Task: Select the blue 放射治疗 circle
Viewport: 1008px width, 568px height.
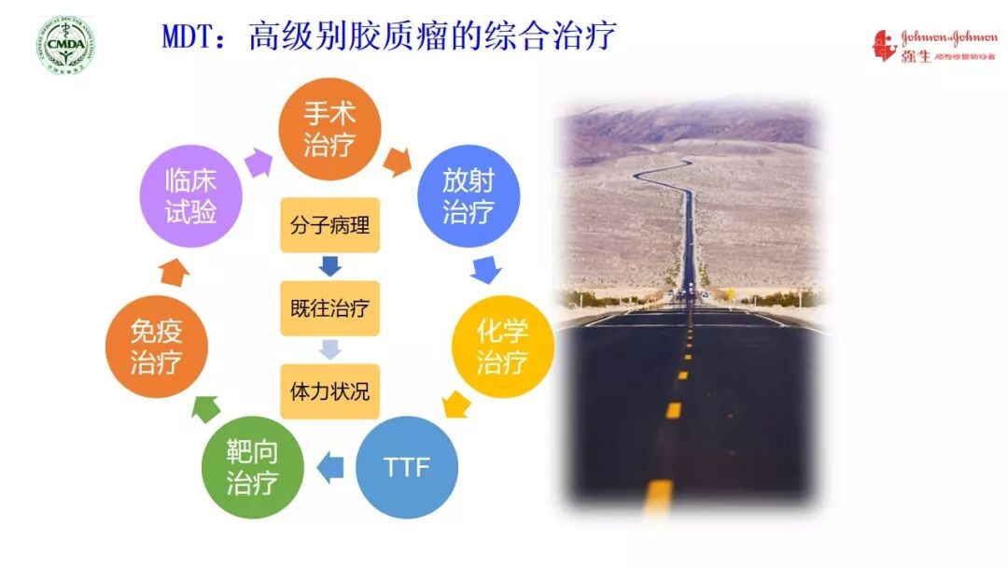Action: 468,195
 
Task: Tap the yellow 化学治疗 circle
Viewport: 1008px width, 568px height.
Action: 502,347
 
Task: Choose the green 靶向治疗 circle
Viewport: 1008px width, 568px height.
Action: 252,468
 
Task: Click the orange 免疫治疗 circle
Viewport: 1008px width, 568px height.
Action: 156,347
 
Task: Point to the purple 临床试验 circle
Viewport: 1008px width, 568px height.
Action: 190,195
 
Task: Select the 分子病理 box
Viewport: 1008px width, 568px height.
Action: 330,225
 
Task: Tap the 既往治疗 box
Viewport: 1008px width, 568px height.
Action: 330,307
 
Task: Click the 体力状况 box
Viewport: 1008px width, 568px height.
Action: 330,390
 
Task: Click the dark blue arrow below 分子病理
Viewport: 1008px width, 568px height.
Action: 330,266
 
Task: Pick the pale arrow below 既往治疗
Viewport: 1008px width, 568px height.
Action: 330,348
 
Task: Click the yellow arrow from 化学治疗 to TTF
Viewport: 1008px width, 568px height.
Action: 455,405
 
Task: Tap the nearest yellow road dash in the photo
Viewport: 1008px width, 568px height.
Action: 658,496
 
